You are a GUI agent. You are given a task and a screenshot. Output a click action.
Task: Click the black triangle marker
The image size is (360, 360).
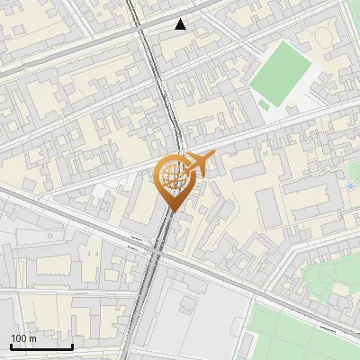click(x=181, y=24)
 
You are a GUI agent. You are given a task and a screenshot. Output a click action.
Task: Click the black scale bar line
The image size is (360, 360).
click(x=41, y=346)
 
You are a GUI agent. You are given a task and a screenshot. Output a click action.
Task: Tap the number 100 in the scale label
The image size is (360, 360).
click(x=18, y=338)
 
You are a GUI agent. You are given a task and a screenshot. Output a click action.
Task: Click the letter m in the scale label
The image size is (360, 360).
click(x=32, y=338)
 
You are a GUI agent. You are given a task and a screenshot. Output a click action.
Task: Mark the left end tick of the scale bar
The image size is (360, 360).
click(x=11, y=345)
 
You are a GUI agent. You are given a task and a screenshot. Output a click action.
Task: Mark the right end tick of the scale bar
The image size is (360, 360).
click(x=72, y=345)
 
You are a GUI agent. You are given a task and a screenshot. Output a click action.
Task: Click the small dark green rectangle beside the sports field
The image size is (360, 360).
click(x=263, y=105)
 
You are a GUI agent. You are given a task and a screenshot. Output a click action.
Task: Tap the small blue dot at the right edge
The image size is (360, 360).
click(x=350, y=186)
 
